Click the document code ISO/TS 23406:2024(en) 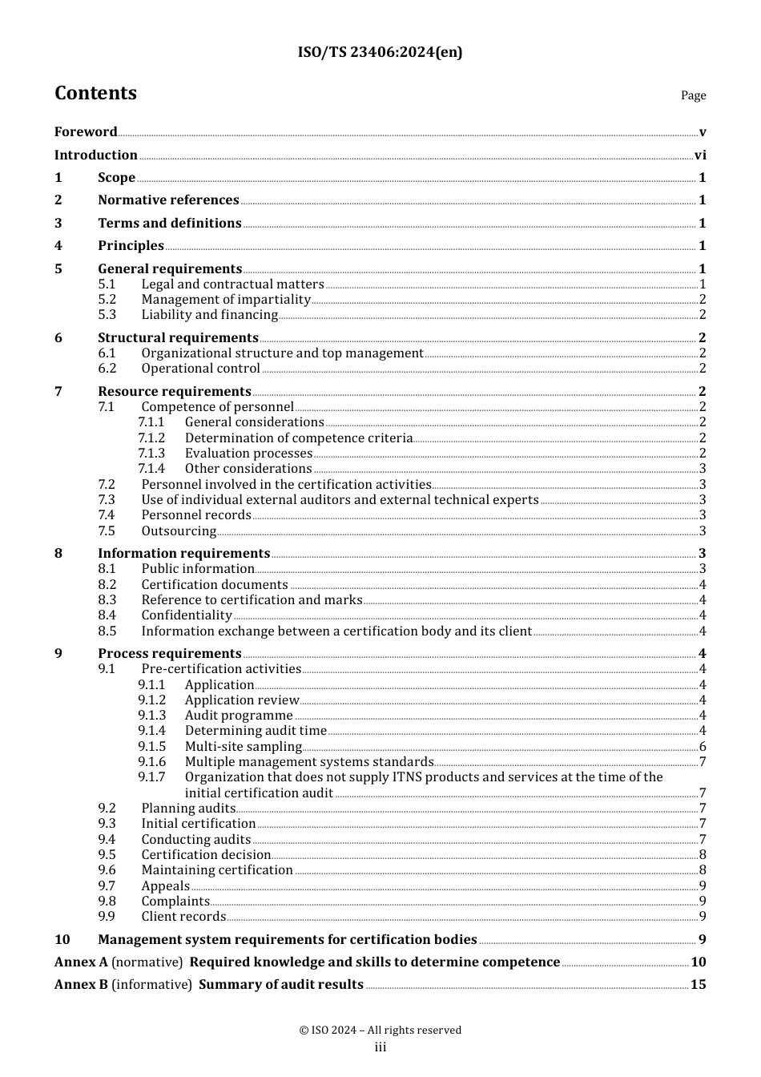click(x=380, y=52)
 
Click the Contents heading click(x=95, y=93)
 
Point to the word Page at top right click(x=693, y=95)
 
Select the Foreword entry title click(x=86, y=132)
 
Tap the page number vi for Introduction click(x=700, y=155)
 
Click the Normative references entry click(x=168, y=200)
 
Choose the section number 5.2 click(x=107, y=300)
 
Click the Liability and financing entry click(x=209, y=315)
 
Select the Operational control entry click(x=200, y=369)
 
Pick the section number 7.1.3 click(x=151, y=454)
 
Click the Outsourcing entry click(x=179, y=531)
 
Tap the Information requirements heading click(x=183, y=554)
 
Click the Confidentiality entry click(x=187, y=615)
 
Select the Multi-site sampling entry click(x=243, y=747)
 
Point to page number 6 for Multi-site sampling click(x=703, y=747)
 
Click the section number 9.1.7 click(x=151, y=777)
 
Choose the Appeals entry click(x=165, y=886)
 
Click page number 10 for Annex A click(x=699, y=962)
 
